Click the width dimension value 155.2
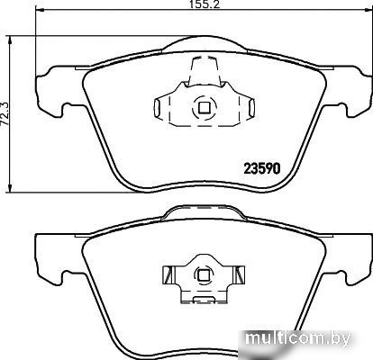[x=205, y=4]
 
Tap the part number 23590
[x=262, y=168]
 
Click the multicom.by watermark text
[x=298, y=339]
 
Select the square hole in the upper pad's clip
[x=205, y=107]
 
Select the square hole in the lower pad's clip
[x=202, y=274]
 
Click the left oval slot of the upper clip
[x=157, y=107]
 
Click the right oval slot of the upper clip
[x=252, y=107]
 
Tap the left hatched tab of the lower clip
[x=168, y=274]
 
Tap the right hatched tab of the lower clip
[x=240, y=274]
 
